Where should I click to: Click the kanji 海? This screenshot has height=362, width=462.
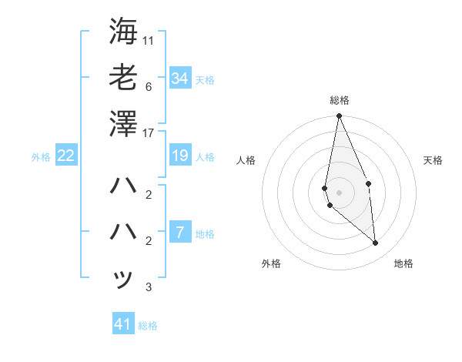pos(123,31)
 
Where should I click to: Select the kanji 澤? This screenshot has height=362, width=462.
pos(123,123)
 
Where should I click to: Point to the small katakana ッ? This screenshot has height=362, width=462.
pos(123,279)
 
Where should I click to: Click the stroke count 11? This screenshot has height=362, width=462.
pos(149,39)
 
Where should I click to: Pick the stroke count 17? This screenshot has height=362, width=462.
pos(149,133)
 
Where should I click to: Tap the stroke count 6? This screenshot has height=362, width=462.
pos(149,86)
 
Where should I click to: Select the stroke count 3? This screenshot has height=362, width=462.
pos(149,288)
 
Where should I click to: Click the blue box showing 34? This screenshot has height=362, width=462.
pos(180,78)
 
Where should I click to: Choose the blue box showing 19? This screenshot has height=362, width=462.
pos(180,156)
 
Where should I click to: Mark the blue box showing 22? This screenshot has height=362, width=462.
pos(66,156)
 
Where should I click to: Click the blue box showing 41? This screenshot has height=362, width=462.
pos(123,324)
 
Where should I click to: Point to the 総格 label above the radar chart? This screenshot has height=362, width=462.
pos(339,100)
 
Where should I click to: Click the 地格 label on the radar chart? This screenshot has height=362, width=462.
pos(403,264)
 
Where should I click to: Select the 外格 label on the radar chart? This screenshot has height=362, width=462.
pos(271,264)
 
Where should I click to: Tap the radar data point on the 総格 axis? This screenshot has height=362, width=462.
pos(339,116)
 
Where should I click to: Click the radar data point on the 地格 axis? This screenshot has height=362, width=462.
pos(376,243)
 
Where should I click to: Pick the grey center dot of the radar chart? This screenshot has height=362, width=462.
pos(339,192)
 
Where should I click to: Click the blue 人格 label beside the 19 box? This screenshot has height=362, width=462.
pos(205,157)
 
